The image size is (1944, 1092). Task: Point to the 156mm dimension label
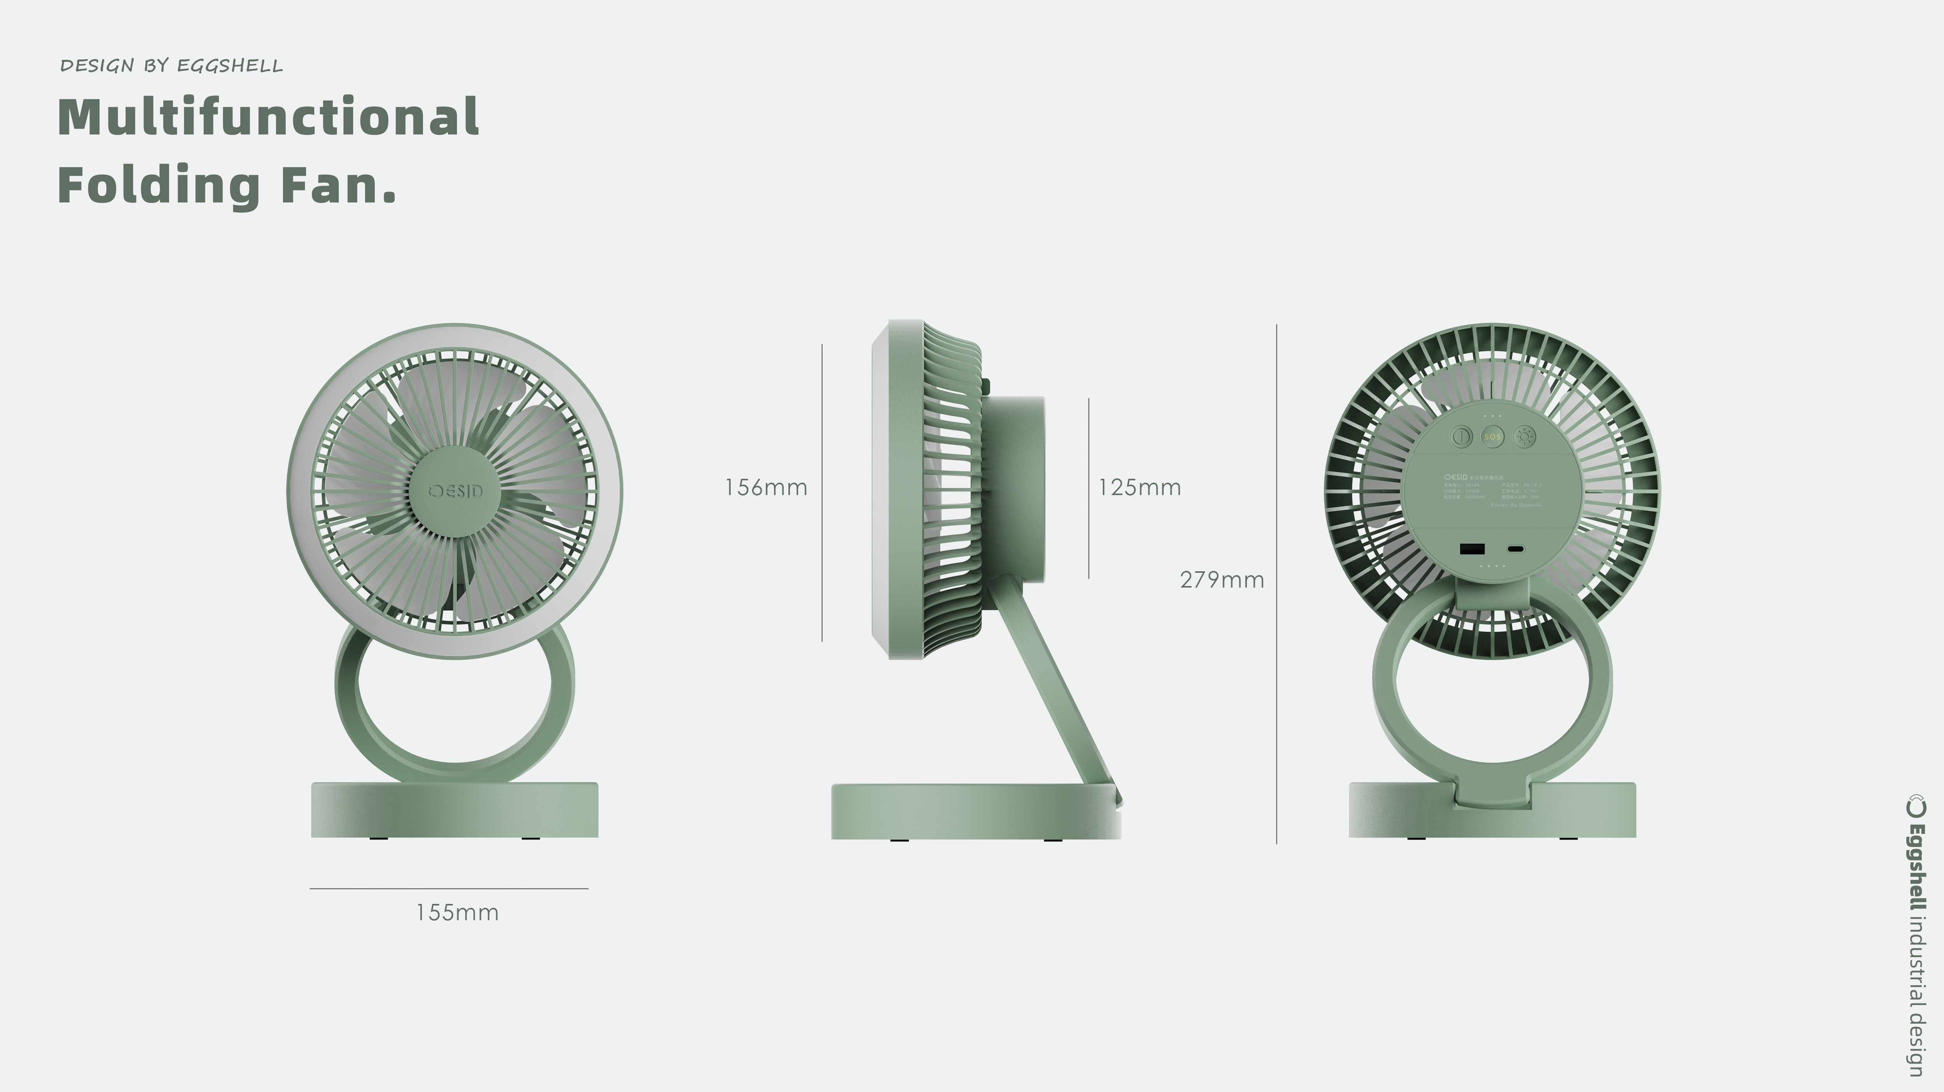pos(765,488)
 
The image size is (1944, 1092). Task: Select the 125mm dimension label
pos(1139,488)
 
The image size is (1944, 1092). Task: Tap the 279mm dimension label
pos(1221,580)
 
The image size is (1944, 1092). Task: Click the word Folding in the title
pos(159,185)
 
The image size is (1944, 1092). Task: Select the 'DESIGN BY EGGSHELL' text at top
pos(171,66)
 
